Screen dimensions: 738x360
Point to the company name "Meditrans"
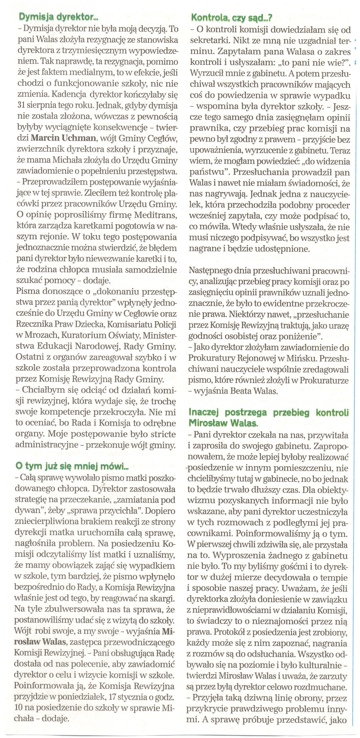156,215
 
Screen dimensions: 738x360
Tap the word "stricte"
164,434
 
